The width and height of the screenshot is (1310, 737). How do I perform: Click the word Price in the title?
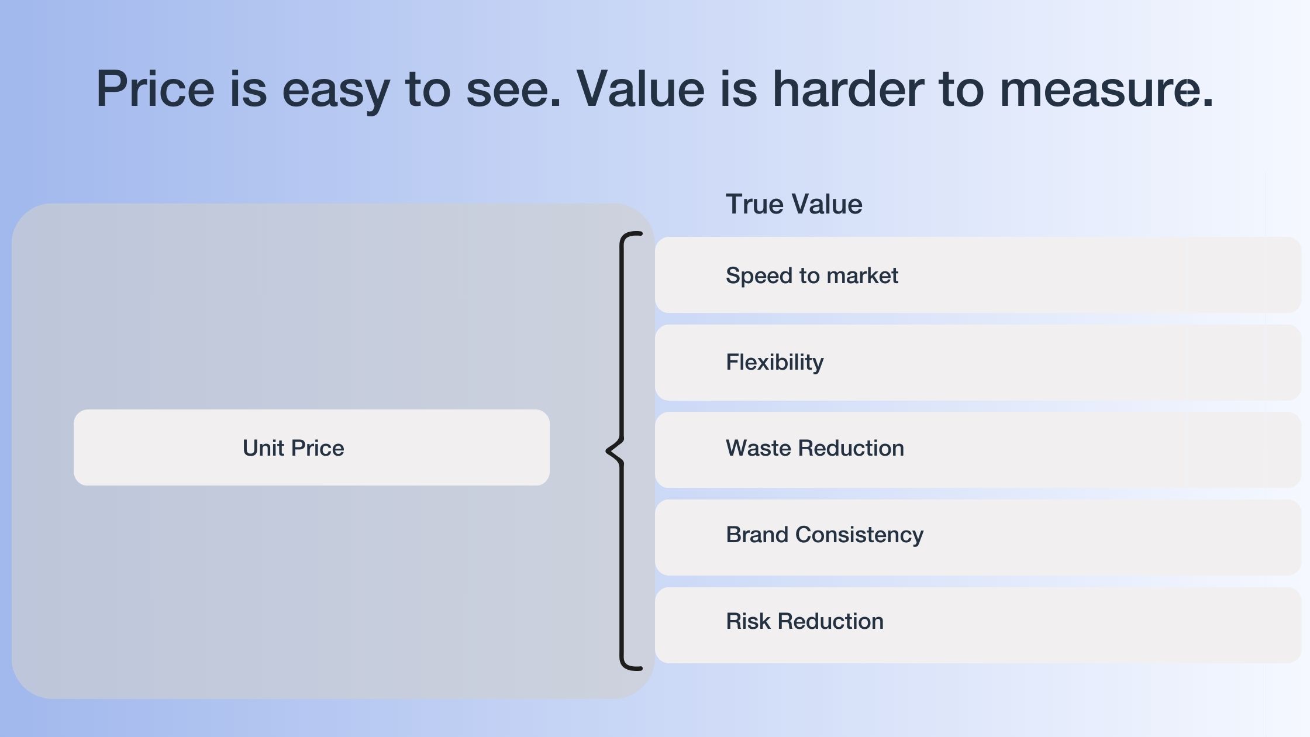(x=155, y=89)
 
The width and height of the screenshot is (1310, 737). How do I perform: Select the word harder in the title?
(x=848, y=89)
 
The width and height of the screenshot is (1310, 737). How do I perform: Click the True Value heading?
(x=794, y=204)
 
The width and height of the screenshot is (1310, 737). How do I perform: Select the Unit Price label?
(x=293, y=448)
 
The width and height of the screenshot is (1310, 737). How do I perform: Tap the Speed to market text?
(x=812, y=275)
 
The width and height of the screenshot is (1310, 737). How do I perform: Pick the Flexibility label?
(x=774, y=362)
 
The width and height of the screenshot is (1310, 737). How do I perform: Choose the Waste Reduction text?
(x=815, y=448)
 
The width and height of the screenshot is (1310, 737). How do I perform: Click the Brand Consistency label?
(x=825, y=535)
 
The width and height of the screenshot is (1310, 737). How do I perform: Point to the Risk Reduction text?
(x=804, y=621)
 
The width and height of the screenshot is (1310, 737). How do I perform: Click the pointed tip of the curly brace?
(x=608, y=450)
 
